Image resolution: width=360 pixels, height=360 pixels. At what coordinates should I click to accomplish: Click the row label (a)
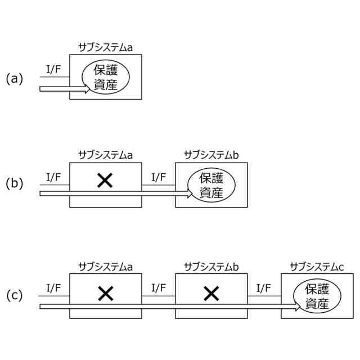click(14, 79)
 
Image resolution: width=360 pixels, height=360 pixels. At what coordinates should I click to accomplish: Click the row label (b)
click(14, 183)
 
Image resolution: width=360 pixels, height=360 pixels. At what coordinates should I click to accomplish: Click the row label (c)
click(14, 295)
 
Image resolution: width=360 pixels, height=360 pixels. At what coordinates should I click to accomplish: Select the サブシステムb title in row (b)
click(211, 154)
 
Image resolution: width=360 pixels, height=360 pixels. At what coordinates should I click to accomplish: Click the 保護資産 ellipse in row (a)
click(105, 78)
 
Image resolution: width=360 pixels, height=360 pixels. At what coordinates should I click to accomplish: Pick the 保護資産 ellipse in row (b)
click(211, 185)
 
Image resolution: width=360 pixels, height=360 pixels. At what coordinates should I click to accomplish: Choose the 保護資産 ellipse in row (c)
click(317, 296)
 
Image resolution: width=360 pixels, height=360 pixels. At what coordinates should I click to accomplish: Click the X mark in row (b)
click(105, 181)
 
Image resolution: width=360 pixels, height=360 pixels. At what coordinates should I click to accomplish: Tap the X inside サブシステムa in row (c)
click(105, 292)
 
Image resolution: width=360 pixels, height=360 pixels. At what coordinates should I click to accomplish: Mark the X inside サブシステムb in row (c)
click(210, 292)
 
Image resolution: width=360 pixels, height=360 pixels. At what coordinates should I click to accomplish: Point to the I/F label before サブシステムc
click(264, 288)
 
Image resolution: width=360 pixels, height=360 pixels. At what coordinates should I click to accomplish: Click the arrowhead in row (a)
click(86, 88)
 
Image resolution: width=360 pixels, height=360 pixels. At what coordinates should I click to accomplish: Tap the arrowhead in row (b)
click(191, 194)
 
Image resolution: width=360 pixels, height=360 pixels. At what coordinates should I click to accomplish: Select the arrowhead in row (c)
click(297, 307)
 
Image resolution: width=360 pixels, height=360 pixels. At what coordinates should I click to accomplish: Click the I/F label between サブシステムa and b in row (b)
click(159, 177)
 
